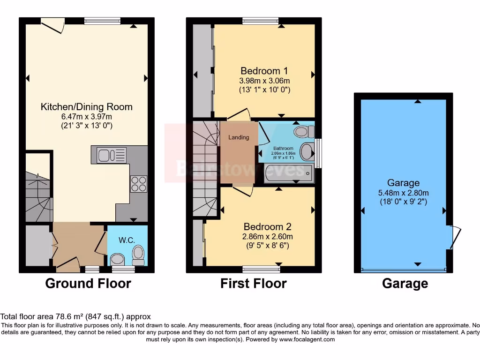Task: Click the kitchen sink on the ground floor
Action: tap(112, 155)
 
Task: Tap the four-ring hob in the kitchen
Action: tap(139, 184)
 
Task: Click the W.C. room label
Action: tap(127, 240)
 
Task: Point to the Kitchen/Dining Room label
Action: tap(87, 107)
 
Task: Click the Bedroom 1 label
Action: tap(264, 71)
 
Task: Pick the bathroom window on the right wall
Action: tap(319, 153)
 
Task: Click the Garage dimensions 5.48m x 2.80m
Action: tap(404, 193)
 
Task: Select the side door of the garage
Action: tap(452, 237)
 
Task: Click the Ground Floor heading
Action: tap(88, 283)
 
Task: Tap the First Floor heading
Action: tap(254, 283)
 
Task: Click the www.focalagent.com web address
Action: tap(307, 339)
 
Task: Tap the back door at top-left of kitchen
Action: tap(52, 24)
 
